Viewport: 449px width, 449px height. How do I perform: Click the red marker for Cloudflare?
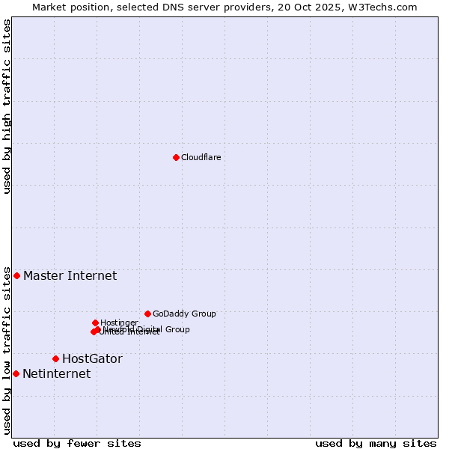point(176,157)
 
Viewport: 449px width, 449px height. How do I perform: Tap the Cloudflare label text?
point(201,157)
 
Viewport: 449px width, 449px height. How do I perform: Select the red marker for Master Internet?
point(16,275)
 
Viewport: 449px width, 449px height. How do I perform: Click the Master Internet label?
point(70,275)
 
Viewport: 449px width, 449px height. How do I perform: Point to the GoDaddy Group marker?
point(147,314)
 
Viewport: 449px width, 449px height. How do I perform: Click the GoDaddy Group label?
point(184,314)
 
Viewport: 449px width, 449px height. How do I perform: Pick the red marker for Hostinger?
point(95,323)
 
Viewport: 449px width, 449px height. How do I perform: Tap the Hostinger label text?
point(119,323)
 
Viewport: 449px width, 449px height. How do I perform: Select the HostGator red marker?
point(55,358)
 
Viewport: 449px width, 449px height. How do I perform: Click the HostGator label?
point(92,358)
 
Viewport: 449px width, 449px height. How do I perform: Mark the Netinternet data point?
point(16,373)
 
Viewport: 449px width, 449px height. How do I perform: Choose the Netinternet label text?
point(56,373)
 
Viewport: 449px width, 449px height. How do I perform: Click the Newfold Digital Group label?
point(147,329)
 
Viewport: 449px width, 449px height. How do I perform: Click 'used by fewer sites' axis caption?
point(77,443)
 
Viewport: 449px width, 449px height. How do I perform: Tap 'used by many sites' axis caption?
point(376,443)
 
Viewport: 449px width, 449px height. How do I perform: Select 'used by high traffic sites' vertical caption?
point(7,106)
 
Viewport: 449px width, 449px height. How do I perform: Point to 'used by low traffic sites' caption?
point(7,350)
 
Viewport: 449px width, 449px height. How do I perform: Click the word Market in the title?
point(50,7)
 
